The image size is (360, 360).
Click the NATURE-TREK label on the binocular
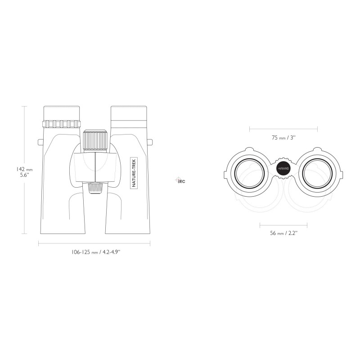click(134, 173)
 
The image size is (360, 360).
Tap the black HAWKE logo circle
click(283, 168)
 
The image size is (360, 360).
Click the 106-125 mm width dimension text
click(96, 252)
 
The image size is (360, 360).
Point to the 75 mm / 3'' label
click(283, 138)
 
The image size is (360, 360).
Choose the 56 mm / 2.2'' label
click(284, 233)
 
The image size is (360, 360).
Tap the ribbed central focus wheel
click(95, 141)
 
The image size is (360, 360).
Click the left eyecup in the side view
click(62, 113)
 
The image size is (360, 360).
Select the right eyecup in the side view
click(129, 113)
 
